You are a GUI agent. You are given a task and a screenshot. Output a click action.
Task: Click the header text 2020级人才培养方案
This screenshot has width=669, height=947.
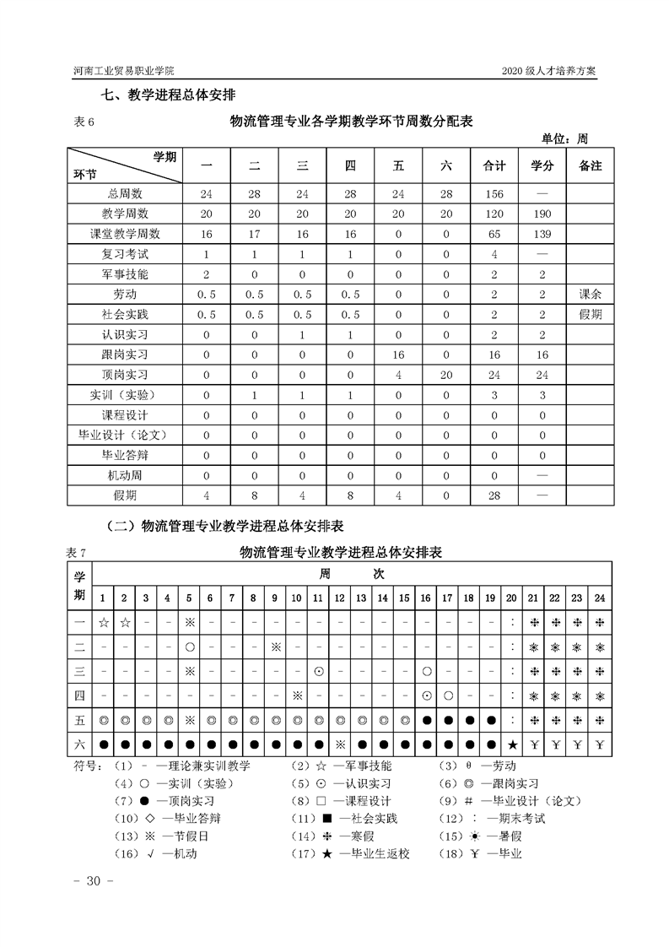pyautogui.click(x=548, y=71)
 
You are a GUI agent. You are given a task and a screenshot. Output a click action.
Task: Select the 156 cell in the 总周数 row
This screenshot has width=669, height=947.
pyautogui.click(x=494, y=193)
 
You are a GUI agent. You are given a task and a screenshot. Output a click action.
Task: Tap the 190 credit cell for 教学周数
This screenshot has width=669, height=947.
pyautogui.click(x=542, y=214)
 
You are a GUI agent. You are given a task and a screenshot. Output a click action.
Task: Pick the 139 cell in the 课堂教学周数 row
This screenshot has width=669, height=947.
pyautogui.click(x=542, y=234)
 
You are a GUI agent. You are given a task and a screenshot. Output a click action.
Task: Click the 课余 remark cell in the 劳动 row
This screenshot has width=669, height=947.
pyautogui.click(x=590, y=294)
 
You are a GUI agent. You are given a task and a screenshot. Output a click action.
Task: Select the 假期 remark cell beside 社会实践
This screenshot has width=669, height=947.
pyautogui.click(x=590, y=314)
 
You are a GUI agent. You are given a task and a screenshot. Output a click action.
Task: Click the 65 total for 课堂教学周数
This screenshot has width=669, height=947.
pyautogui.click(x=494, y=234)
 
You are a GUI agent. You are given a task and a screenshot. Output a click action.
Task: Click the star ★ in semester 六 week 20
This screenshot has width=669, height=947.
pyautogui.click(x=512, y=744)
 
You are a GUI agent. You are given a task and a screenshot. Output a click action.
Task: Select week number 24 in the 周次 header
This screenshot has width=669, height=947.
pyautogui.click(x=599, y=598)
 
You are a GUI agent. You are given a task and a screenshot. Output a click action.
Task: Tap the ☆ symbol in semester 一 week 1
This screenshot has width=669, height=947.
pyautogui.click(x=103, y=623)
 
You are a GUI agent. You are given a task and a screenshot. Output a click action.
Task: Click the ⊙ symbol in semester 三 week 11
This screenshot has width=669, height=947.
pyautogui.click(x=318, y=671)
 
